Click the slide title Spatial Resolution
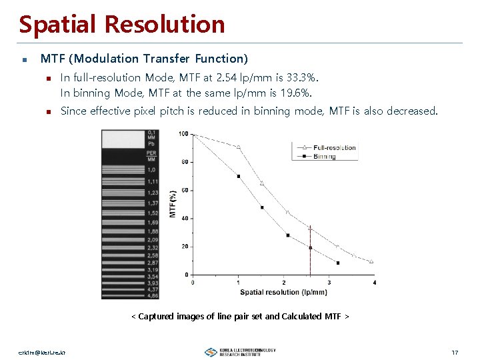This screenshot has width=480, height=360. tap(122, 25)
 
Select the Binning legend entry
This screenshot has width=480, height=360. tap(325, 157)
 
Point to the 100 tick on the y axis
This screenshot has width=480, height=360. tap(183, 134)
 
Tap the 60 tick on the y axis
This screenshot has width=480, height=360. tap(185, 190)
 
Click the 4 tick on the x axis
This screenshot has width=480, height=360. tap(374, 282)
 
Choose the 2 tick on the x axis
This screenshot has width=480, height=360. tap(284, 282)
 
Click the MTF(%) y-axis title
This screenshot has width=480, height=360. tap(173, 203)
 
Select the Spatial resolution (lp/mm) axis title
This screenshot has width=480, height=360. tap(283, 292)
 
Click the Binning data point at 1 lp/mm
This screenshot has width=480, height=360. tap(239, 176)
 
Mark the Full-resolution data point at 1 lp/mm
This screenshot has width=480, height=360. tap(239, 147)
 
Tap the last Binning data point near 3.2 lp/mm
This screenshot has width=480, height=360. tap(338, 263)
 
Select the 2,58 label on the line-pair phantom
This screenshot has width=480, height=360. tap(152, 255)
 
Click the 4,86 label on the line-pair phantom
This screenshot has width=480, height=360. tap(152, 295)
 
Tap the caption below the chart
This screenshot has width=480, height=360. tap(240, 316)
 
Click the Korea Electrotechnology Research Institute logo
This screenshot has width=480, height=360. tap(240, 352)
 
